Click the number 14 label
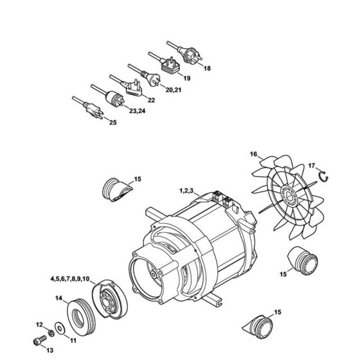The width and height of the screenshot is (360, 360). pos(59,298)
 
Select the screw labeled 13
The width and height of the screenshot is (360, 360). pos(36,343)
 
